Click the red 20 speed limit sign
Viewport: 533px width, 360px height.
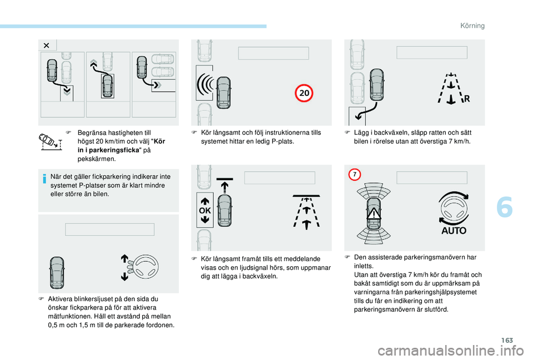click(x=304, y=93)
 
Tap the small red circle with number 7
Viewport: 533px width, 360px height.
click(x=355, y=175)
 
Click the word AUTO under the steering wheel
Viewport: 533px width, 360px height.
click(x=454, y=231)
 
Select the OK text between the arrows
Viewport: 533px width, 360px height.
click(x=205, y=211)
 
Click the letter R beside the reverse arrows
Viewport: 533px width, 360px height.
click(x=467, y=99)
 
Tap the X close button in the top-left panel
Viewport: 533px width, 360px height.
click(x=47, y=45)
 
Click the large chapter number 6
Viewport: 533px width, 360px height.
click(x=505, y=207)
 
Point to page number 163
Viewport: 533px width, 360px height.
click(x=507, y=340)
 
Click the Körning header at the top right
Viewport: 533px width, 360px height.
click(x=472, y=26)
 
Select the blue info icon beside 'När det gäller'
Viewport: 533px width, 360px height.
click(x=44, y=178)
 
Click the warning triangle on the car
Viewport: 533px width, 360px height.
click(x=374, y=214)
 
